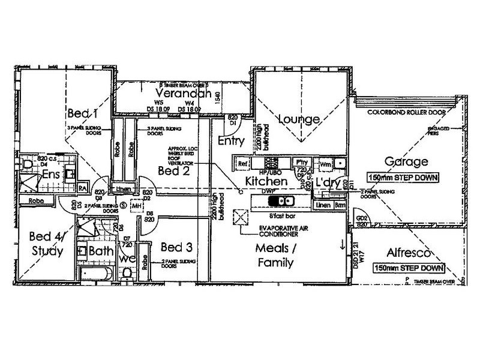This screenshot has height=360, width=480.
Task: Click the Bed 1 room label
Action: [82, 113]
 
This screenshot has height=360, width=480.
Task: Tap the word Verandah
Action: [182, 94]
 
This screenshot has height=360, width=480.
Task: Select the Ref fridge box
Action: [243, 163]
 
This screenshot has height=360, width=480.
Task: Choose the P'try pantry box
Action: [301, 163]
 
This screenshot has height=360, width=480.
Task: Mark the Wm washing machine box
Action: [326, 163]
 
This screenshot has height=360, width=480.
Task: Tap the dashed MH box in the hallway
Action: [137, 207]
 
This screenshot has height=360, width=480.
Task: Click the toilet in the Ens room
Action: [26, 164]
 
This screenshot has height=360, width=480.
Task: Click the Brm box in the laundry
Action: [339, 205]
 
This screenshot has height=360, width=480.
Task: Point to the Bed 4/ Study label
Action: [45, 245]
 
